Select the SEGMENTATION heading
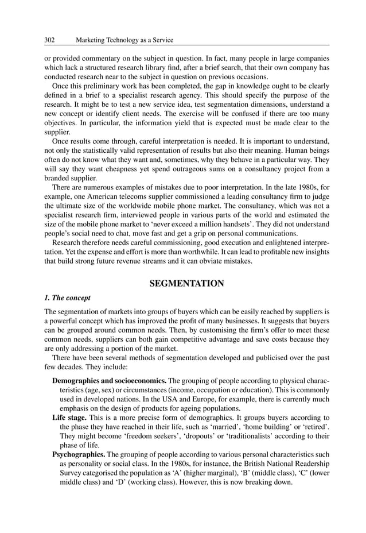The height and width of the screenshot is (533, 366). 186,284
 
